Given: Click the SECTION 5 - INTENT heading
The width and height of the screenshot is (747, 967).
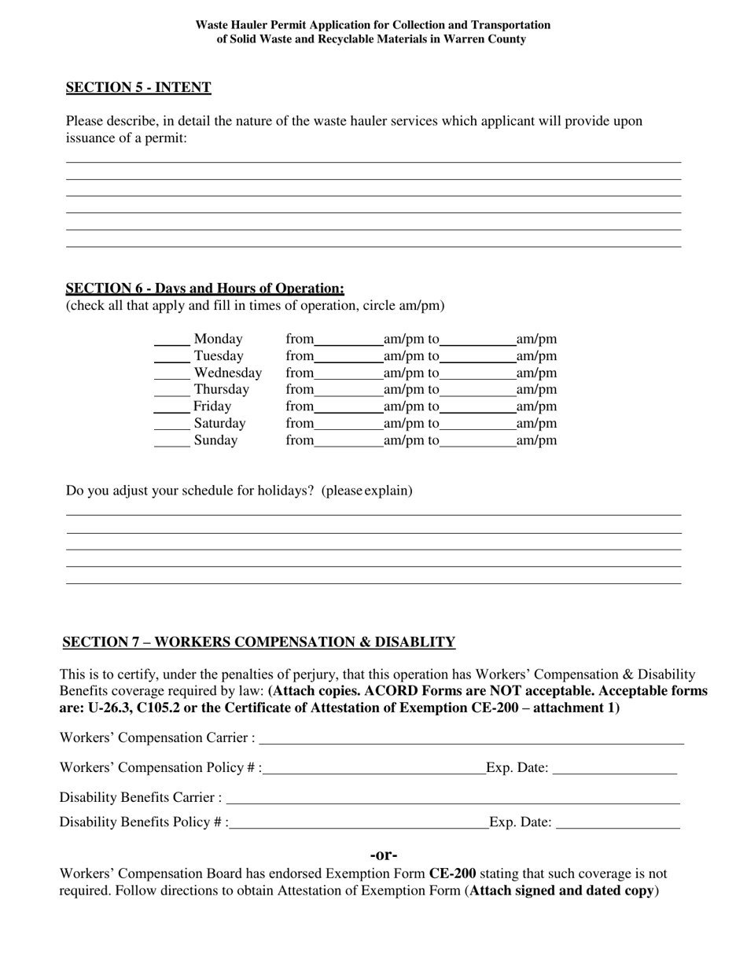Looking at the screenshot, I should click(x=138, y=87).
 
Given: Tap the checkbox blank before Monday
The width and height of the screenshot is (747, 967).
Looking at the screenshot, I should click(x=171, y=340).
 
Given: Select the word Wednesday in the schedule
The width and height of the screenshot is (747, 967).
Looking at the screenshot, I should click(x=227, y=373).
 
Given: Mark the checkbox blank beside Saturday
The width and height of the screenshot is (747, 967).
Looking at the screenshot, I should click(x=171, y=425).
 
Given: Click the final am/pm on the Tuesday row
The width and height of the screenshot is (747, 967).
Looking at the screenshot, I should click(x=536, y=356).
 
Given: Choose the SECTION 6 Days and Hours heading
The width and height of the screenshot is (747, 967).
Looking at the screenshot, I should click(x=204, y=289).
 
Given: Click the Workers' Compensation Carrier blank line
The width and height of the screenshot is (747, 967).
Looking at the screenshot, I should click(x=472, y=739).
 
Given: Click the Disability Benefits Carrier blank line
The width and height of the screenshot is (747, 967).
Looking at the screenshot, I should click(x=453, y=799).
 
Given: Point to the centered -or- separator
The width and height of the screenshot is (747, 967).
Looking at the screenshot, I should click(x=384, y=855).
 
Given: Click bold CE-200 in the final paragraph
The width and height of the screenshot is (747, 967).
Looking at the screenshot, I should click(x=452, y=873).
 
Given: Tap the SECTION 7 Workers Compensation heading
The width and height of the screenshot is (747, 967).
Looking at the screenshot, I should click(x=259, y=642).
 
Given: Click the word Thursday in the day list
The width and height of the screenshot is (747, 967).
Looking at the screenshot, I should click(x=221, y=390).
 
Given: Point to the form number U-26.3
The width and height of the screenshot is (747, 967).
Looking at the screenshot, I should click(x=112, y=708).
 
